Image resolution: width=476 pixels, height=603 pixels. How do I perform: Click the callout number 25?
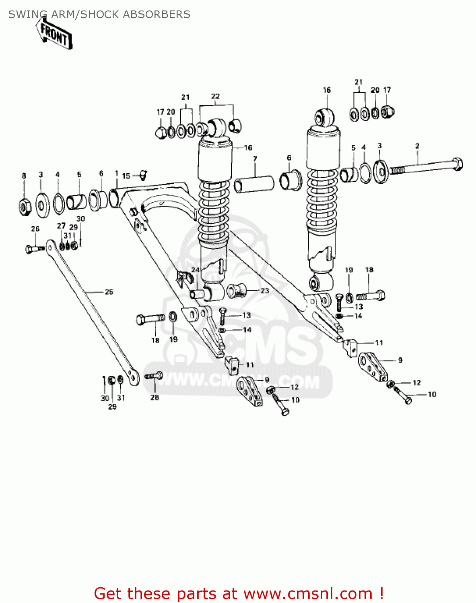(109, 292)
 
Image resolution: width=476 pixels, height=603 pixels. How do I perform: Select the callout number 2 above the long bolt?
(417, 146)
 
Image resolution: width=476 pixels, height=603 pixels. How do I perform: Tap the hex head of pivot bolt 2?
(457, 164)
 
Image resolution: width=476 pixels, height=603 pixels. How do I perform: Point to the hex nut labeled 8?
(25, 206)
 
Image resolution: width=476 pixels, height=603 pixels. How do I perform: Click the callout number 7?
(255, 159)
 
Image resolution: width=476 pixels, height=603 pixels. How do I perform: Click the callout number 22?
(216, 96)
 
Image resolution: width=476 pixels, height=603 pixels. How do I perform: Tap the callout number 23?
(264, 290)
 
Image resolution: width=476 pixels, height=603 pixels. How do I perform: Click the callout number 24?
(196, 270)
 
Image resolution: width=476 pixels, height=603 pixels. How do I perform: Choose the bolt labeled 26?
(34, 249)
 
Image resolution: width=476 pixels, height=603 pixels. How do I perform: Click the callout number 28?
(155, 398)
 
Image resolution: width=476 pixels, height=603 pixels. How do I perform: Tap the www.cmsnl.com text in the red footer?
(308, 593)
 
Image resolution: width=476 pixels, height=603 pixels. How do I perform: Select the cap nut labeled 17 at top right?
(387, 111)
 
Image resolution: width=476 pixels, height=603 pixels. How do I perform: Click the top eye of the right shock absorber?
(324, 117)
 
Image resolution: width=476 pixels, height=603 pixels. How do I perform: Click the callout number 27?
(61, 226)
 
